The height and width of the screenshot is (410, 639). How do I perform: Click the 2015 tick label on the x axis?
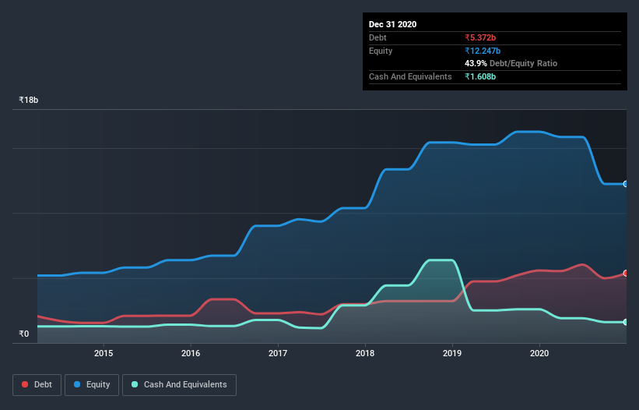point(104,353)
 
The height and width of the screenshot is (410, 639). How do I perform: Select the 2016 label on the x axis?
point(191,353)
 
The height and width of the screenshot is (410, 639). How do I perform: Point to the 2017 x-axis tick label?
point(278,353)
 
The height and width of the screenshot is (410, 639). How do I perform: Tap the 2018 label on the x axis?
point(365,353)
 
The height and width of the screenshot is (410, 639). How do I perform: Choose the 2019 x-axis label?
point(452,353)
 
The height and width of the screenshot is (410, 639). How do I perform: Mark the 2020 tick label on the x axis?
point(539,353)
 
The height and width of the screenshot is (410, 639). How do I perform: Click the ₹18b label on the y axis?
point(29,101)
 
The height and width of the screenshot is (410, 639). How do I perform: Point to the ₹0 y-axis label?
point(24,334)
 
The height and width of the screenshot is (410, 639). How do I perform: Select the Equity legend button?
point(92,384)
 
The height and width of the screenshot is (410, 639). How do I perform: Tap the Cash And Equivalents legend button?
point(179,384)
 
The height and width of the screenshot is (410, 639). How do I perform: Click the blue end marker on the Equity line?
point(626,184)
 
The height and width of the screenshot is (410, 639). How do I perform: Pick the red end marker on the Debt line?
point(626,274)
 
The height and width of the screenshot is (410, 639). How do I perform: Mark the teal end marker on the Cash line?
point(626,322)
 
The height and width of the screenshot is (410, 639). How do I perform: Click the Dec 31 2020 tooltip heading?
point(392,24)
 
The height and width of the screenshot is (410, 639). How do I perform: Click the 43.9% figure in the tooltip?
point(476,63)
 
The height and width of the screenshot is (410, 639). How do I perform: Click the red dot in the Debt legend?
point(26,384)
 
